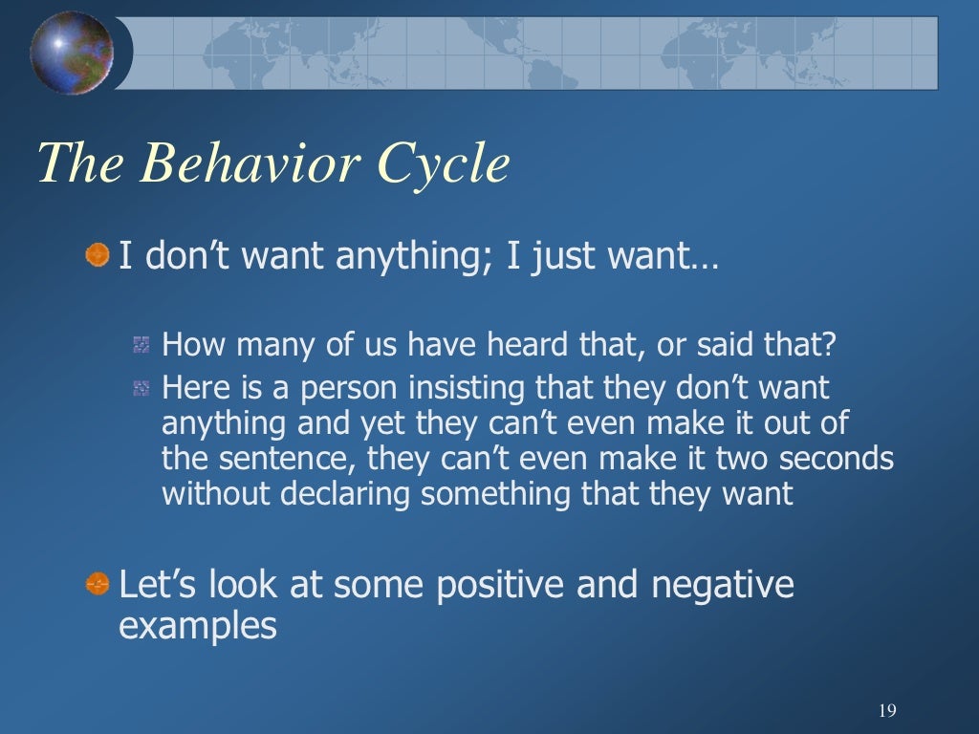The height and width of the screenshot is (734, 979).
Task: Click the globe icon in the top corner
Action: [x=71, y=53]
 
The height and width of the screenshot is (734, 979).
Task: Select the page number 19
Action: [x=886, y=710]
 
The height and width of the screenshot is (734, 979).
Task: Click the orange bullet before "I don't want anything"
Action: [x=97, y=256]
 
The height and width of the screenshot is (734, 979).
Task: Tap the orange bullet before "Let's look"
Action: [x=97, y=583]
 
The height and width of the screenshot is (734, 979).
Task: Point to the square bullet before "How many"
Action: [x=141, y=344]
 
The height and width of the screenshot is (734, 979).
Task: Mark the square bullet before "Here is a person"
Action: [x=141, y=388]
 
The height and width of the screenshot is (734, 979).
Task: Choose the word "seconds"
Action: [x=836, y=460]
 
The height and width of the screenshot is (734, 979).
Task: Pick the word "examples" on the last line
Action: [x=197, y=626]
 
